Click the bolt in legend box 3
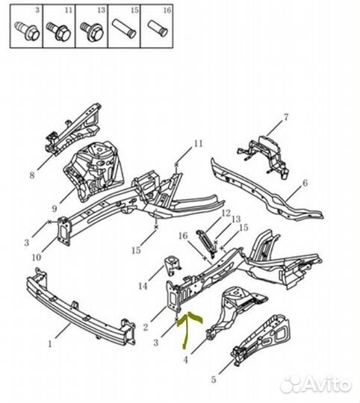(27, 31)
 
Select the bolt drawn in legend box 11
(58, 31)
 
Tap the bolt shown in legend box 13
(91, 32)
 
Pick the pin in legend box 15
(124, 29)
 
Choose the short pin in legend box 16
(158, 28)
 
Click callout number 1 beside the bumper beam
(50, 343)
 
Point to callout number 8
(32, 175)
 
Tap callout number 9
(54, 208)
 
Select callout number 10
(37, 257)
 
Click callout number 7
(286, 117)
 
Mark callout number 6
(305, 184)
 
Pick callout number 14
(143, 286)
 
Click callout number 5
(214, 379)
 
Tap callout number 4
(185, 360)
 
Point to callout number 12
(226, 213)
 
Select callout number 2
(146, 327)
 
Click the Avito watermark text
(316, 385)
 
